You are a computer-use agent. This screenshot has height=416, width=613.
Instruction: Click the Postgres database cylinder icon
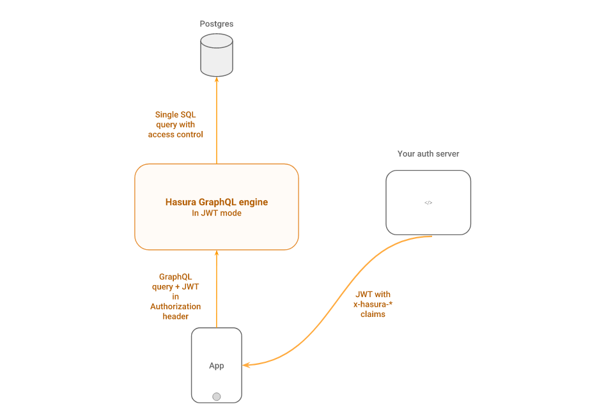pos(216,55)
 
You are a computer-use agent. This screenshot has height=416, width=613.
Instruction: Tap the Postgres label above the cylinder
pos(216,24)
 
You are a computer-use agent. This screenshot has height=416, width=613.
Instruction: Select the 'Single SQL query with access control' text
pos(175,125)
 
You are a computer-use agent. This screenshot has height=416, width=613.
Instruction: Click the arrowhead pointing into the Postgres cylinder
pos(217,79)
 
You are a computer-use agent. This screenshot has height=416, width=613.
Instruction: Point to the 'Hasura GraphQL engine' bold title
pos(216,202)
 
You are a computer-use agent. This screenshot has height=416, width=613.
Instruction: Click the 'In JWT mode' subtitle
pos(217,213)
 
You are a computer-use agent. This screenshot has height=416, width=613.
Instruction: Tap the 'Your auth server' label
pos(428,154)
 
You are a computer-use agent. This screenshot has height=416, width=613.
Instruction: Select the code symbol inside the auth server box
pos(428,203)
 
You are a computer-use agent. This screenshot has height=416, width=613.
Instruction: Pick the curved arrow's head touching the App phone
pos(246,365)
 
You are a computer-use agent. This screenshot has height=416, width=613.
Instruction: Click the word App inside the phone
pos(217,366)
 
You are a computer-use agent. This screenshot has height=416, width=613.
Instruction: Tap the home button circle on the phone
pos(217,396)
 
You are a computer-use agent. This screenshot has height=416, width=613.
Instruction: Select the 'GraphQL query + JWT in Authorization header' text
pos(175,297)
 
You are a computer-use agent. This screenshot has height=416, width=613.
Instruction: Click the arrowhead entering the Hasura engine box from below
pos(217,253)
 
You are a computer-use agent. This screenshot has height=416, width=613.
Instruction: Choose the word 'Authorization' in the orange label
pos(175,307)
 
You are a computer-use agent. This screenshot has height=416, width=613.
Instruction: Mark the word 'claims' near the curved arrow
pos(373,314)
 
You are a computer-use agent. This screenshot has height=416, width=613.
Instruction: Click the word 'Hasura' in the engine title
pos(181,202)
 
